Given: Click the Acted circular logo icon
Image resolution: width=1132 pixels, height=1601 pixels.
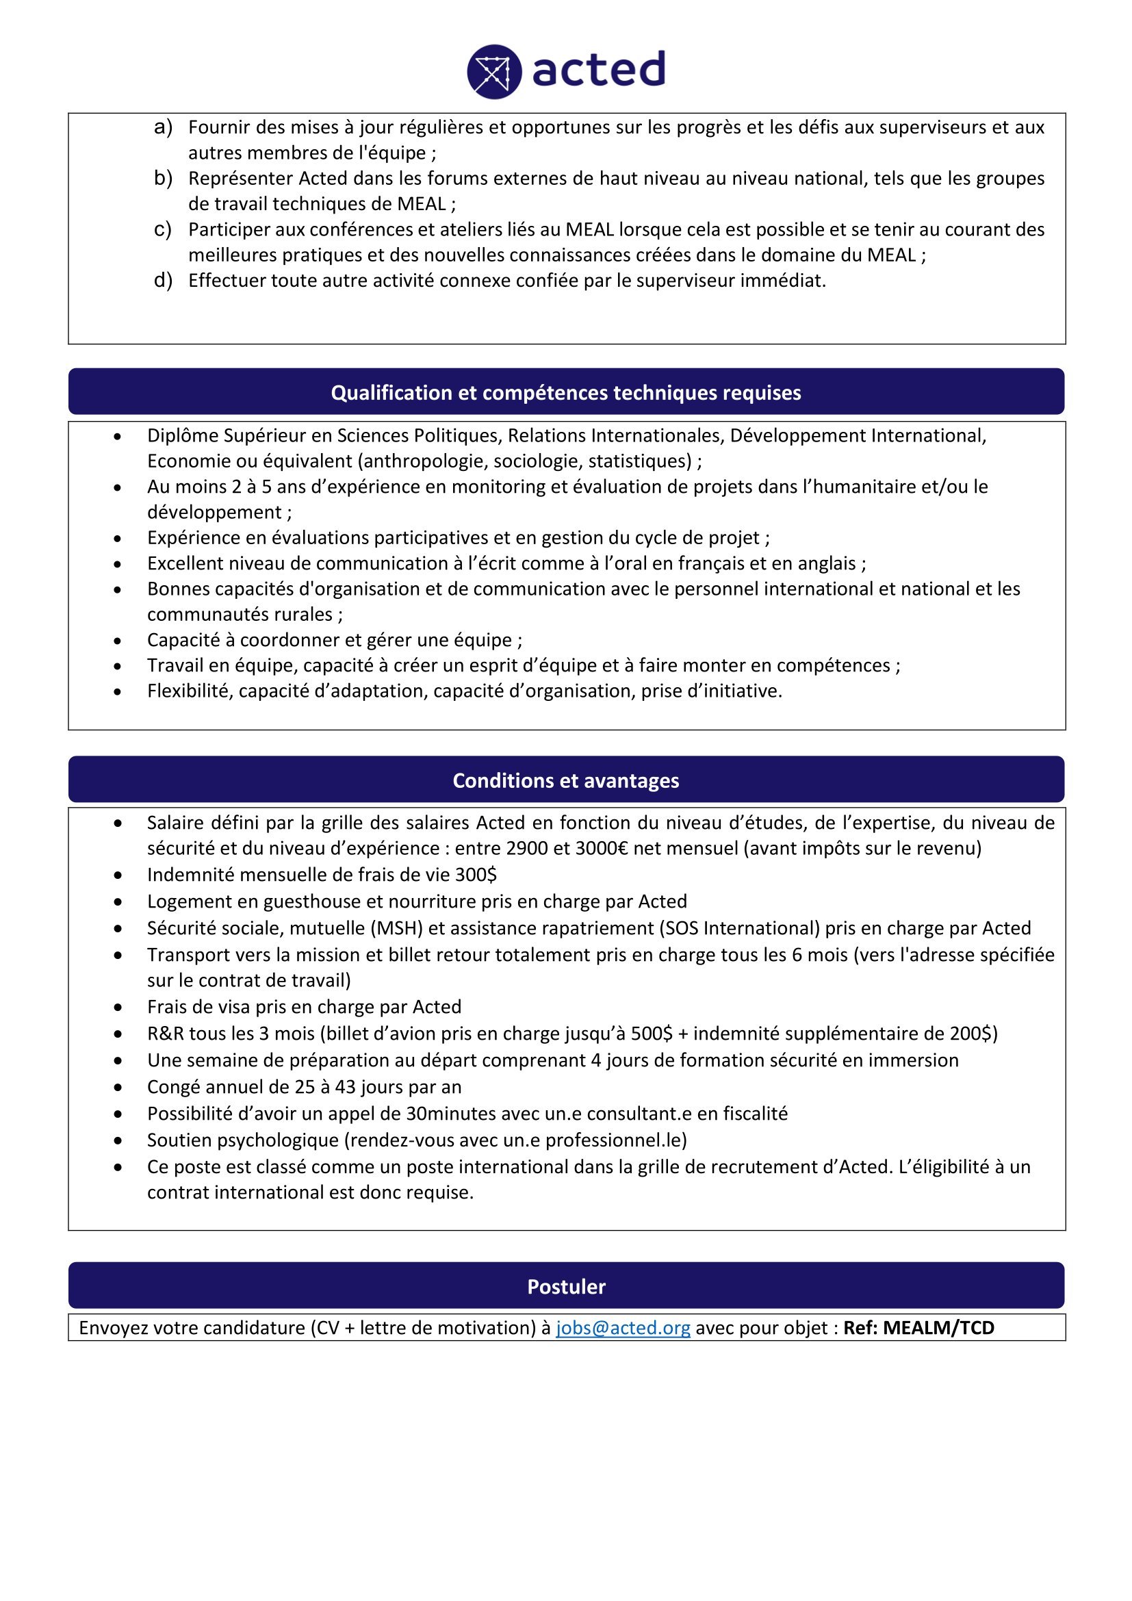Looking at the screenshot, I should click(494, 72).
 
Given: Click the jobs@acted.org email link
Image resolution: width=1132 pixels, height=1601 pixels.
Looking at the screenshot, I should click(622, 1328).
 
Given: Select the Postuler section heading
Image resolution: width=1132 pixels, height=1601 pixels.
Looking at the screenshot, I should click(566, 1287).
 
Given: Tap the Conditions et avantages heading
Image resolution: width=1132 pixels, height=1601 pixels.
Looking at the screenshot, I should click(566, 780).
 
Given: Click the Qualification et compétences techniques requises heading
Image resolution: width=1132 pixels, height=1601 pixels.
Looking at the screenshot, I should click(566, 393).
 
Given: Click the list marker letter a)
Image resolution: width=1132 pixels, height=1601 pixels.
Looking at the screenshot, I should click(163, 127).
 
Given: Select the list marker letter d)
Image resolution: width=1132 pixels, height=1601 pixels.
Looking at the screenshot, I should click(163, 281).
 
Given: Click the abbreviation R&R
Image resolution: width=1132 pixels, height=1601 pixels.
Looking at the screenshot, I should click(165, 1034).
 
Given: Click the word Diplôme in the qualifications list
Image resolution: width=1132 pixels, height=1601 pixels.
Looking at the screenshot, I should click(180, 436).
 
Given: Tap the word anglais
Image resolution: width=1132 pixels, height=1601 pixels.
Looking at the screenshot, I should click(827, 563).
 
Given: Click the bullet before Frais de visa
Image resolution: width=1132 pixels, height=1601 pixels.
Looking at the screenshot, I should click(118, 1008).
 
